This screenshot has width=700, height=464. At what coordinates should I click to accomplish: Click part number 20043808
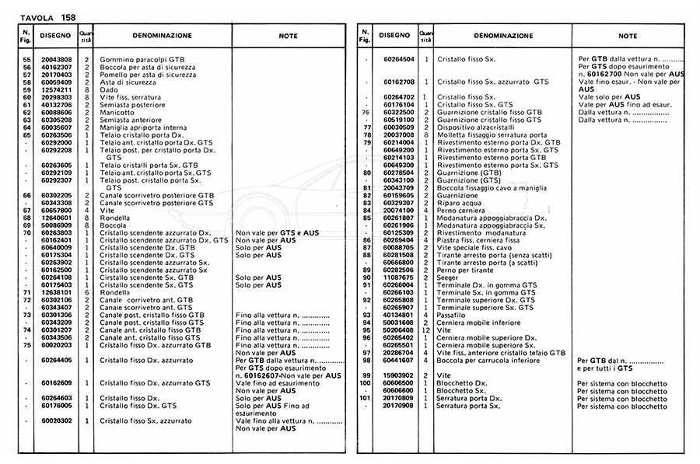pyautogui.click(x=56, y=60)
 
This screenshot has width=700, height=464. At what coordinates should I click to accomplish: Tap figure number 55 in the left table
pyautogui.click(x=26, y=60)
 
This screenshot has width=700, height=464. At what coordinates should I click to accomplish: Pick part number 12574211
pyautogui.click(x=56, y=89)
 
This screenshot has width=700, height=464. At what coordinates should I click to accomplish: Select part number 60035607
pyautogui.click(x=56, y=127)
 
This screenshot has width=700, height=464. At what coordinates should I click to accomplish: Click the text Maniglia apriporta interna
pyautogui.click(x=143, y=127)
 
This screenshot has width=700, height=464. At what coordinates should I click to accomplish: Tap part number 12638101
pyautogui.click(x=56, y=291)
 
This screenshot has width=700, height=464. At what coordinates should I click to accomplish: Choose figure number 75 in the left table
pyautogui.click(x=26, y=344)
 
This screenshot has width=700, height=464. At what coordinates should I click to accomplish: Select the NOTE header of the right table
pyautogui.click(x=628, y=36)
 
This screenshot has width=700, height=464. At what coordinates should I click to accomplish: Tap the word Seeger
pyautogui.click(x=448, y=277)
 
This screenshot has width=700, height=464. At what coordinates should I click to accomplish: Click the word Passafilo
pyautogui.click(x=453, y=314)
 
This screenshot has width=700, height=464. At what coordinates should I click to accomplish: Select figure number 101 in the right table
pyautogui.click(x=362, y=398)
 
